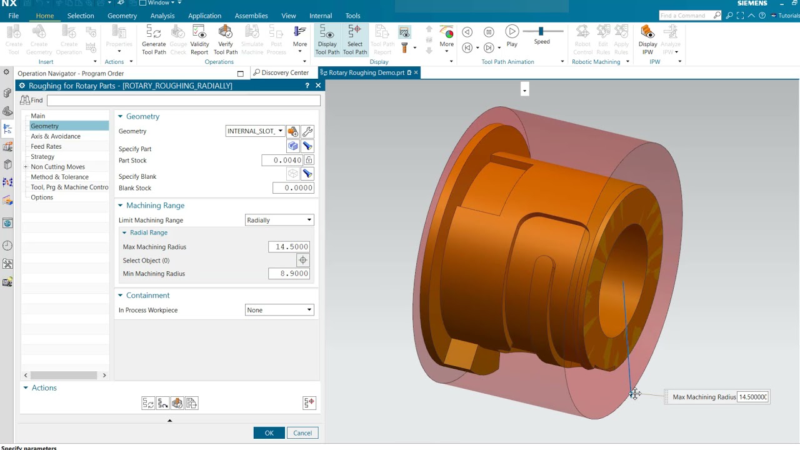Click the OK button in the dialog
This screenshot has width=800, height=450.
click(x=269, y=433)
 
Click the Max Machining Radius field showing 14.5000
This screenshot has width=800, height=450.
click(x=289, y=247)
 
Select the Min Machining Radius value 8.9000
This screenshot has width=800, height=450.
click(x=289, y=274)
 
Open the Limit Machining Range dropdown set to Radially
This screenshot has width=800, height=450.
click(x=279, y=220)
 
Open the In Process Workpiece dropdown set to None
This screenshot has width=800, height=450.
click(x=279, y=310)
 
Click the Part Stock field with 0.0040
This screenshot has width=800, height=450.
click(x=282, y=161)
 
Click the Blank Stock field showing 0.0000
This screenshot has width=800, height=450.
click(x=292, y=188)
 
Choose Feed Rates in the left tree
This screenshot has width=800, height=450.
click(x=46, y=146)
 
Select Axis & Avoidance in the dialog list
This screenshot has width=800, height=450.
click(x=56, y=136)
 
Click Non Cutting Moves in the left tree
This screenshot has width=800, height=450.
click(x=57, y=167)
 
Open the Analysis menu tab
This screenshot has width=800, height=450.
click(x=162, y=16)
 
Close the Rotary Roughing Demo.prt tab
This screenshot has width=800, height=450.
click(x=416, y=72)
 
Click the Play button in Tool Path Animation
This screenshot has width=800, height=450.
click(x=512, y=32)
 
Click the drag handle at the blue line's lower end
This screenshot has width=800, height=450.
click(x=634, y=393)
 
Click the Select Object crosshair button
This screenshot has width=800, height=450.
click(x=303, y=261)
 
